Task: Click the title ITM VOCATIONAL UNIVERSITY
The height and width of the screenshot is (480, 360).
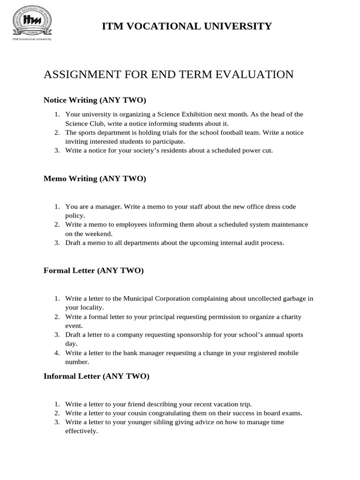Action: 187,26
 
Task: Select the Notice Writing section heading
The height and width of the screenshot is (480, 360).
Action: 95,100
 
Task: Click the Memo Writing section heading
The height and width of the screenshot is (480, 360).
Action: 95,179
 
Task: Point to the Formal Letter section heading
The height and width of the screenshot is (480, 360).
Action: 93,270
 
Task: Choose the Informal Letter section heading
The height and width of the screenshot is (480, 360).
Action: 96,376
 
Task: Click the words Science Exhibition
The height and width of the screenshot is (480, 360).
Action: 183,114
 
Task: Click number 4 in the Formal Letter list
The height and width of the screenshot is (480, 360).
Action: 56,353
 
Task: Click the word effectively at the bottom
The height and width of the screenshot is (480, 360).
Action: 81,431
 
